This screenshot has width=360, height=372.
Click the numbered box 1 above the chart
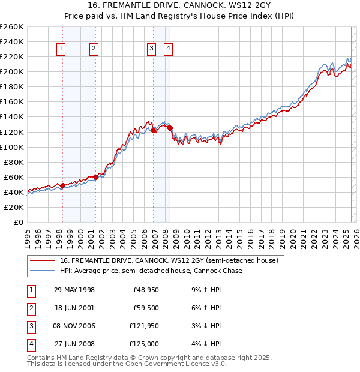[x=62, y=49]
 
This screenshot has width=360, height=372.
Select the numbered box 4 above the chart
[x=169, y=49]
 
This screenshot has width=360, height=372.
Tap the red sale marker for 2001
[x=95, y=177]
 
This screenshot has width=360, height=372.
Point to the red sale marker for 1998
[x=63, y=185]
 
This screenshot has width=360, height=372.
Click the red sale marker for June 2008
[x=170, y=128]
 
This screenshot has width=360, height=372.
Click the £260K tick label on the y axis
[x=12, y=27]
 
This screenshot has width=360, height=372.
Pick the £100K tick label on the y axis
[x=12, y=147]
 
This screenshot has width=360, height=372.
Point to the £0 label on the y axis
[x=18, y=222]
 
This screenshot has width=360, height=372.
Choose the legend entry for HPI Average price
[x=151, y=271]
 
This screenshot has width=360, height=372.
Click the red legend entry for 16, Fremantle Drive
[x=169, y=261]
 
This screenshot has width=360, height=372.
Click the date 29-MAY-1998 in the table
[x=74, y=290]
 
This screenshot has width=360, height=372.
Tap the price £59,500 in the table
[x=146, y=308]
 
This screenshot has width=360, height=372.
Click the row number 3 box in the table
[x=30, y=326]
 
